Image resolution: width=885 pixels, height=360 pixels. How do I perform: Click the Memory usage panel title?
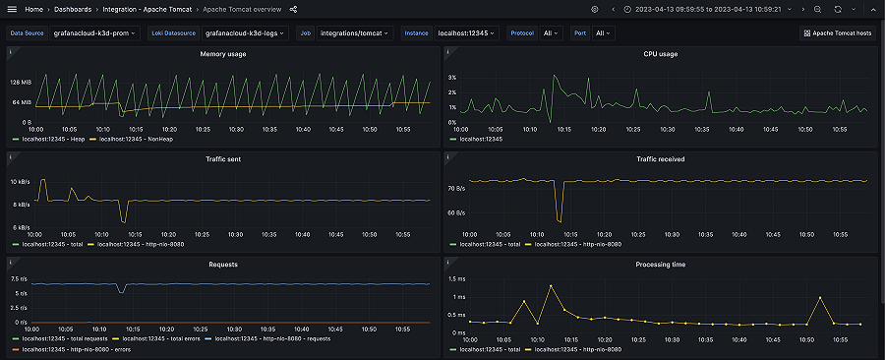click(x=223, y=54)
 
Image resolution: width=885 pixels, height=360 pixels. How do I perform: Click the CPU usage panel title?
click(x=660, y=54)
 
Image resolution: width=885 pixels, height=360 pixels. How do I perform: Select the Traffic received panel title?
click(x=660, y=158)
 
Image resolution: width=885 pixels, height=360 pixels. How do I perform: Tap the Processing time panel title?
click(x=660, y=264)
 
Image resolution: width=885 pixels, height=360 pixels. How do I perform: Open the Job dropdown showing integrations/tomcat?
click(x=355, y=32)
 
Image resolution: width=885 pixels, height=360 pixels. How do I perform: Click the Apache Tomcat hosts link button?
click(x=837, y=32)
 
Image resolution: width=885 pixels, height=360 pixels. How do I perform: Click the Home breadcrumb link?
click(x=33, y=9)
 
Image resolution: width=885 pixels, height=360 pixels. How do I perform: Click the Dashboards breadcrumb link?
click(x=81, y=9)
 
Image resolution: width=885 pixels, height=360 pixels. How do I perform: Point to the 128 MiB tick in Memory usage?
click(x=21, y=83)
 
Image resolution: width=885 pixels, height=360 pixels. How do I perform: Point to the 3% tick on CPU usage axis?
click(x=451, y=77)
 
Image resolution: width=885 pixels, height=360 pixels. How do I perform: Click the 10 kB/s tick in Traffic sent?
click(x=21, y=182)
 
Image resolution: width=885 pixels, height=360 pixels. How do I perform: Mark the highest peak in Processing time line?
click(x=551, y=286)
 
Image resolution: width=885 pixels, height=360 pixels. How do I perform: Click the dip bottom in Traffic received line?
click(x=559, y=220)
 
